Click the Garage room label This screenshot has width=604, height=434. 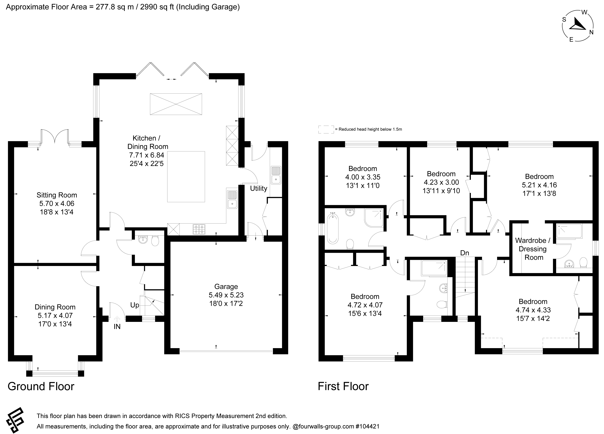click(x=226, y=287)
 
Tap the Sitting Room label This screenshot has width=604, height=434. click(x=57, y=195)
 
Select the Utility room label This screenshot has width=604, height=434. click(x=258, y=189)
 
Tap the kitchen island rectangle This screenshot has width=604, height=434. click(x=186, y=177)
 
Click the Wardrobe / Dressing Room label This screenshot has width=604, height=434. click(x=533, y=249)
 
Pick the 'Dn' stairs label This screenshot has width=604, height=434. click(x=465, y=253)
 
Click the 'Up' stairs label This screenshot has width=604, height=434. click(x=135, y=305)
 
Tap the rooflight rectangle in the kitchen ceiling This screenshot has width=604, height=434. click(x=176, y=104)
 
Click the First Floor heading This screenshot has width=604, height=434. click(x=343, y=386)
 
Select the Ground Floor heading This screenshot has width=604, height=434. click(x=41, y=386)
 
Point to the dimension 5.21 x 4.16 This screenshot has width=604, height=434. click(x=539, y=185)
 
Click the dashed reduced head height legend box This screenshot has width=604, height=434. click(x=326, y=129)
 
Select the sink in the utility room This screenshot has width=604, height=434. click(x=276, y=175)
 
